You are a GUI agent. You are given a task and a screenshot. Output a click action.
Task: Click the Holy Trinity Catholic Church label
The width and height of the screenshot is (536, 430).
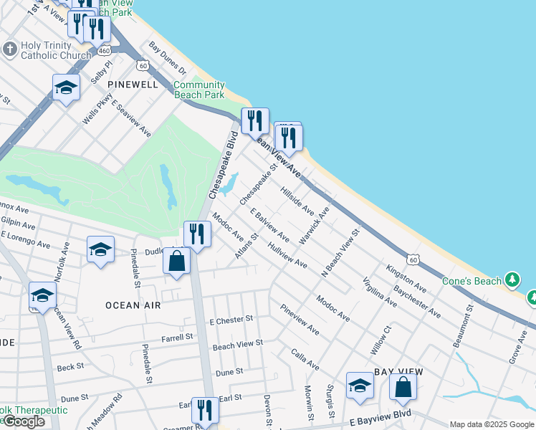[56, 49]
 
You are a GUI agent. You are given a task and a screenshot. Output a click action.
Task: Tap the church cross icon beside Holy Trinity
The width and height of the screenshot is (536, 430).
[9, 49]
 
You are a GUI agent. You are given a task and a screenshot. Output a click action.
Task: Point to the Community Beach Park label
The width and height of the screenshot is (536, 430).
[198, 90]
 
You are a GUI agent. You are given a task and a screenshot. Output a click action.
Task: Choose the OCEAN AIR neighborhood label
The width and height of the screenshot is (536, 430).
[133, 305]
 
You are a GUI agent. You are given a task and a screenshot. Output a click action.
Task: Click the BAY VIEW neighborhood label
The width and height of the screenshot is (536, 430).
[399, 372]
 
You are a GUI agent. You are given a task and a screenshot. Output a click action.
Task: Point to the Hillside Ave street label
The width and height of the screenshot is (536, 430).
[297, 201]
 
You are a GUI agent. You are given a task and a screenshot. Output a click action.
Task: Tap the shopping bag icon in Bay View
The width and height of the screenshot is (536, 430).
[403, 387]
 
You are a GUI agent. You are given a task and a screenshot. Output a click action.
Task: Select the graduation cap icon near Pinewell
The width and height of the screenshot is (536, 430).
[66, 88]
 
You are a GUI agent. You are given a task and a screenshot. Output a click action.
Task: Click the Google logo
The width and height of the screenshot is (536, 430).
[23, 421]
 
